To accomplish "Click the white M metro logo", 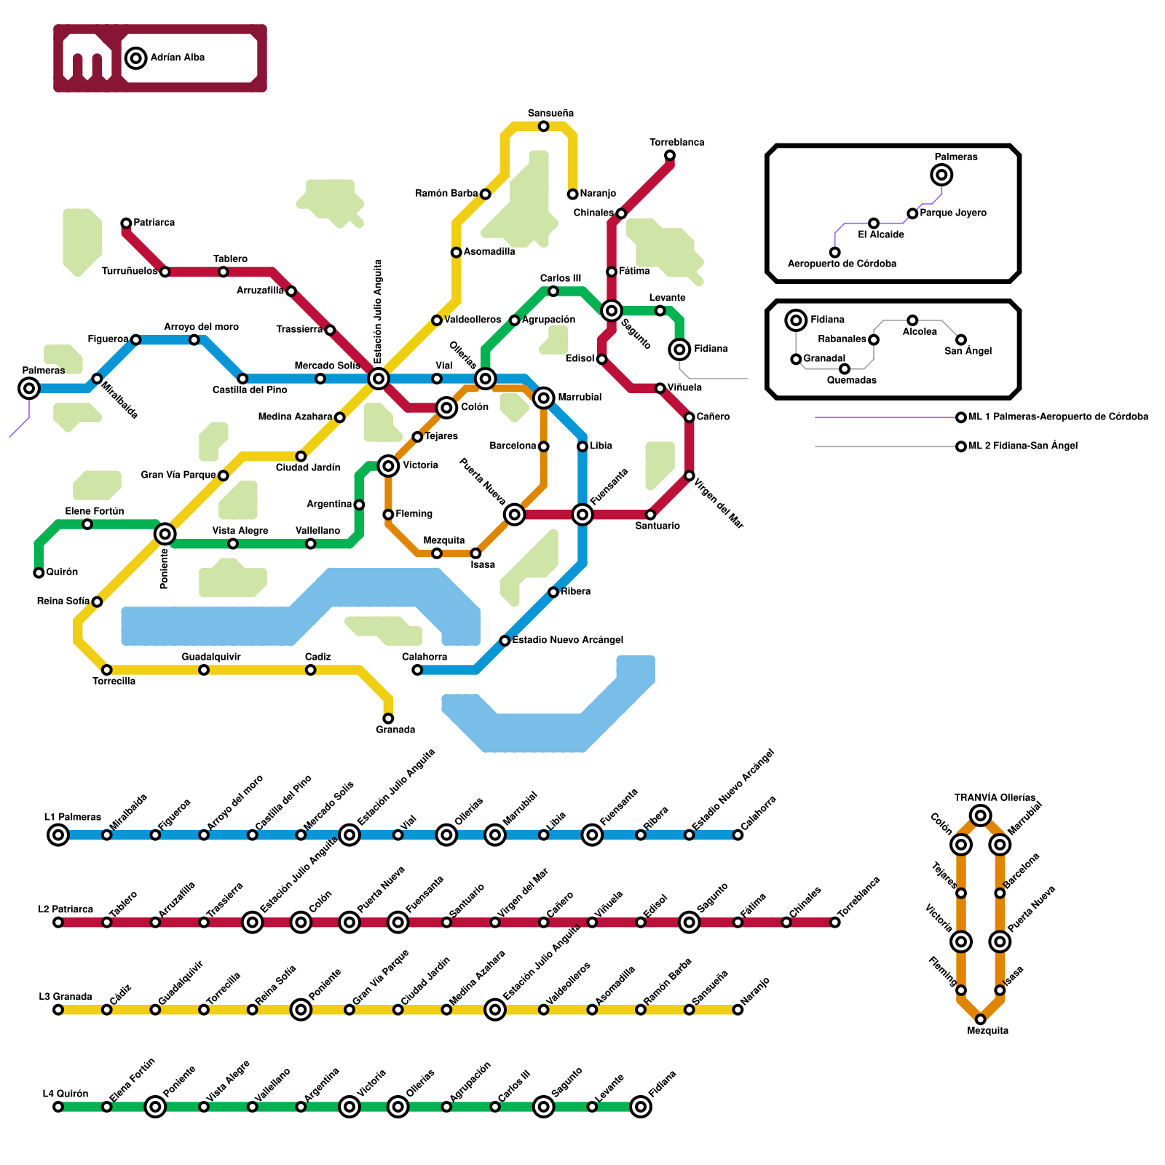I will point(87,58).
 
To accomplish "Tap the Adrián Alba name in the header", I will point(177,58).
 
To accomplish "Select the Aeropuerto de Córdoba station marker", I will point(834,253).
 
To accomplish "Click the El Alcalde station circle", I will point(874,223).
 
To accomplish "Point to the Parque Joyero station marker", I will point(912,213).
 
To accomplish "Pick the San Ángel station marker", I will point(961,340).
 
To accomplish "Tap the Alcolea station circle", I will point(912,320).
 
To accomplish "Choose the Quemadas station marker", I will point(845,369).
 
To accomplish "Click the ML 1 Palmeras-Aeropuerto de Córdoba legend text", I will point(1058,417).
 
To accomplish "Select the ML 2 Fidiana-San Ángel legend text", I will point(1022,446).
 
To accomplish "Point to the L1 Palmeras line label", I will point(72,817).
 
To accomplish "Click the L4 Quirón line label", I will point(65,1094).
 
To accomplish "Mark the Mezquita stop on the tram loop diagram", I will point(980,1019).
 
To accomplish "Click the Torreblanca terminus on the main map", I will point(670,155).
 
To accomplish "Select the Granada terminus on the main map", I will point(388,719).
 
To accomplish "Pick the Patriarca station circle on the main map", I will point(126,223).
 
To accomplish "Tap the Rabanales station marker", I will point(874,340).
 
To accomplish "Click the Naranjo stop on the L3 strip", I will point(738,1010).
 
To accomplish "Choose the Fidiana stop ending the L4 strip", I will point(641,1107).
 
